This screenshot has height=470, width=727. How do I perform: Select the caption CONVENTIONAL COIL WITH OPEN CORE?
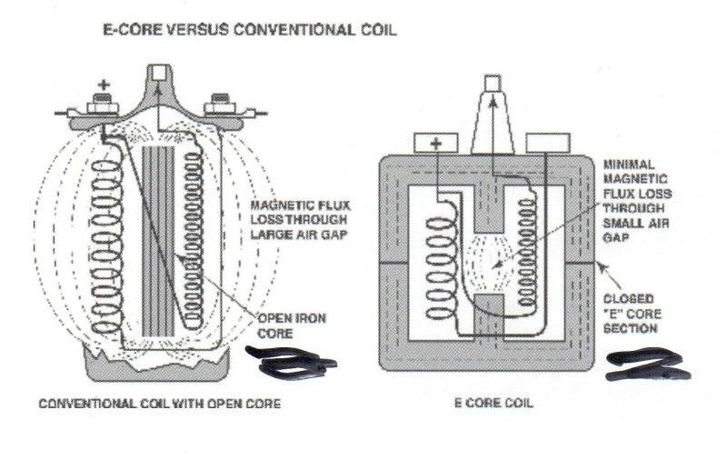click(x=159, y=404)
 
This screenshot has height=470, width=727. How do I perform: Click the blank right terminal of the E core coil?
click(x=547, y=143)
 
